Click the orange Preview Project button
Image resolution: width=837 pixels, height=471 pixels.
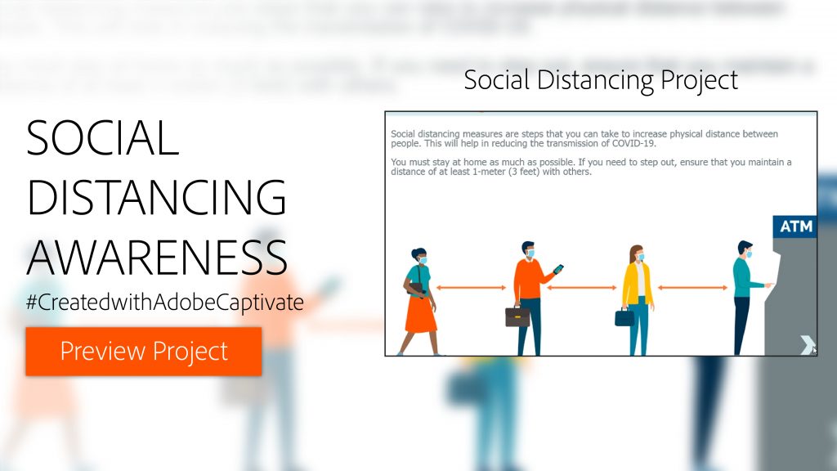144,352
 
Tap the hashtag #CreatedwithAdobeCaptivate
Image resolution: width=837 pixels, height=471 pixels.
165,302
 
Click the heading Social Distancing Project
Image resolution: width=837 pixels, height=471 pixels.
601,80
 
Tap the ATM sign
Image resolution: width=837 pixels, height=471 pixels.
795,227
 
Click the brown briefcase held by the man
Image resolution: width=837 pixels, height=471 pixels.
517,316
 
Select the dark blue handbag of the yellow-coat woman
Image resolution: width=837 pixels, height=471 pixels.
624,316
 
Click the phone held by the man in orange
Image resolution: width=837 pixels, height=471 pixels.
559,269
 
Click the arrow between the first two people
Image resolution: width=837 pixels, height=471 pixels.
471,287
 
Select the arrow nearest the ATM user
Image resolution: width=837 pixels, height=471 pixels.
692,287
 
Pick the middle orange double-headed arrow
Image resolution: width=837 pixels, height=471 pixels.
581,287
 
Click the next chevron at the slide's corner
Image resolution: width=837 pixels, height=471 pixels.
807,345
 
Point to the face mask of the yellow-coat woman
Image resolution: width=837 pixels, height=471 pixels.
640,258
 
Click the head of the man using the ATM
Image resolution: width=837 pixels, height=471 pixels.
744,249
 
